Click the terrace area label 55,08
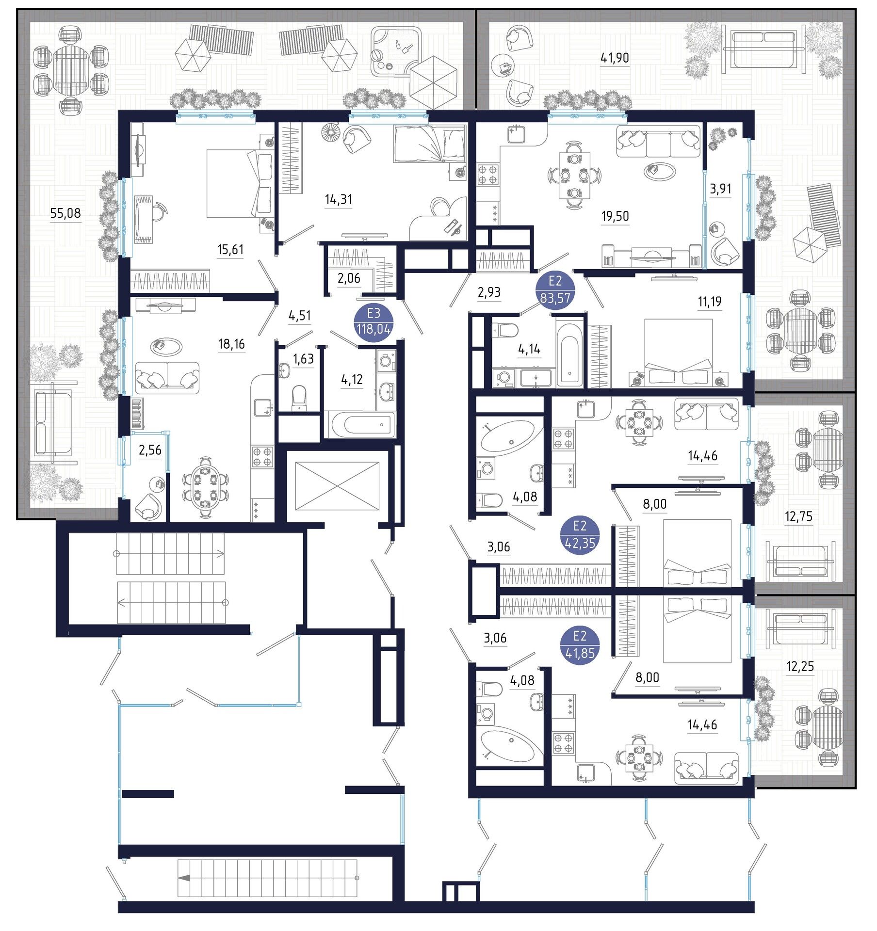point(65,213)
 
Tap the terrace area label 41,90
point(615,58)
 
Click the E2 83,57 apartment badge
point(554,290)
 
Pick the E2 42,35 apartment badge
point(580,535)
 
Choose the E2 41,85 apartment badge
point(580,645)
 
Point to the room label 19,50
point(615,216)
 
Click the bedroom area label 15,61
point(230,250)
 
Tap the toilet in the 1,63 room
point(299,398)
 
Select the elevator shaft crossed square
point(337,486)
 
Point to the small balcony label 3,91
point(720,189)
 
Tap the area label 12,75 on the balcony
point(798,516)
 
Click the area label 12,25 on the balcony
point(800,667)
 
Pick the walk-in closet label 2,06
point(349,278)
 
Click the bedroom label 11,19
point(709,302)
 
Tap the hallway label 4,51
point(299,316)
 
